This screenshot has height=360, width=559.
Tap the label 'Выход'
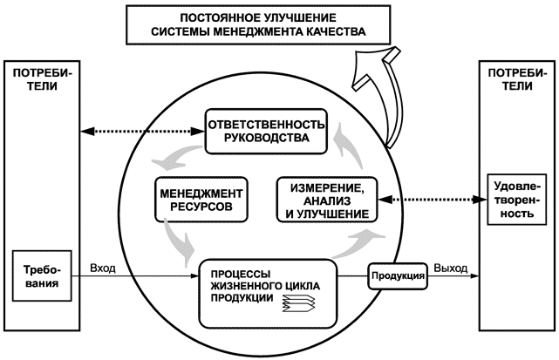click(x=450, y=268)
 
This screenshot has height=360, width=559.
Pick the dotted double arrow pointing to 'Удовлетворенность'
click(x=431, y=200)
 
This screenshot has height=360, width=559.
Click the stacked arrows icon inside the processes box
click(x=297, y=303)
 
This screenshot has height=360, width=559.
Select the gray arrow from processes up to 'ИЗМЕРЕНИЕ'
click(x=358, y=243)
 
